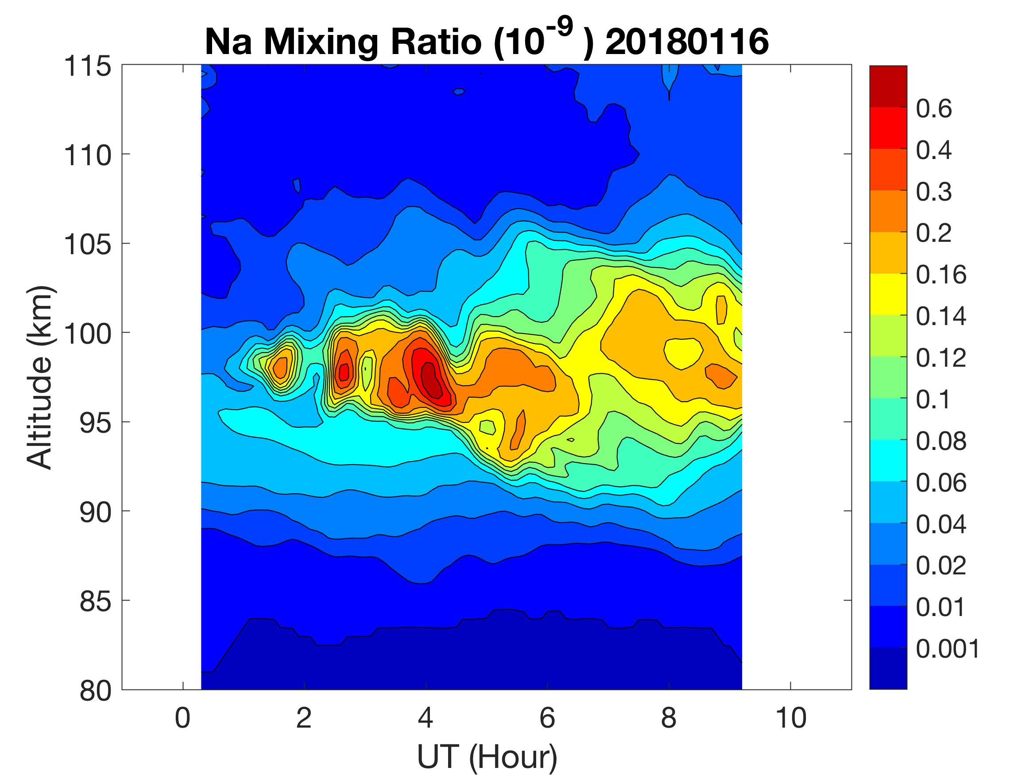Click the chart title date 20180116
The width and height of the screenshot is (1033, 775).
click(686, 42)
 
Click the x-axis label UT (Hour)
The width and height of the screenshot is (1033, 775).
click(487, 756)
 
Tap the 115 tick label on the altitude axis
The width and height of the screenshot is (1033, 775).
click(88, 66)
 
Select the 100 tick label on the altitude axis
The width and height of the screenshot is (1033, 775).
click(88, 333)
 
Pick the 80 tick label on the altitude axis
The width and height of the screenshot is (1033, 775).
click(95, 690)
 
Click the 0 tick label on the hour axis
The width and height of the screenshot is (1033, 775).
click(182, 717)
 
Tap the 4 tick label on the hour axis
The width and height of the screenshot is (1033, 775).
click(426, 717)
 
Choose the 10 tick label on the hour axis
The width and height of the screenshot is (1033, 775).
click(791, 717)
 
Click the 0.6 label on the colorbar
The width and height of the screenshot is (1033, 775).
click(933, 109)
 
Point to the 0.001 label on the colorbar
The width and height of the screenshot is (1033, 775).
click(948, 648)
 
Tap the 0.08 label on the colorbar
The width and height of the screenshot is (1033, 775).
click(940, 441)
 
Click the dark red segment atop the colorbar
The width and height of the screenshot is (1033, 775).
click(888, 86)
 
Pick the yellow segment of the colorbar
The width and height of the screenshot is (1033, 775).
click(888, 294)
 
